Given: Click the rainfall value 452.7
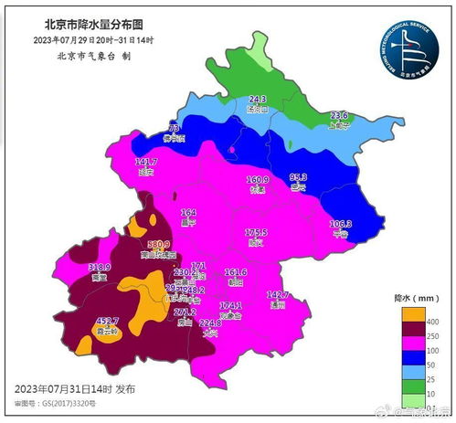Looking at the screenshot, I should click(109, 321).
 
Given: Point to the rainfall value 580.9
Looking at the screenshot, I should click(158, 244).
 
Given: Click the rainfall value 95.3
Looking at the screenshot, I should click(298, 176).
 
